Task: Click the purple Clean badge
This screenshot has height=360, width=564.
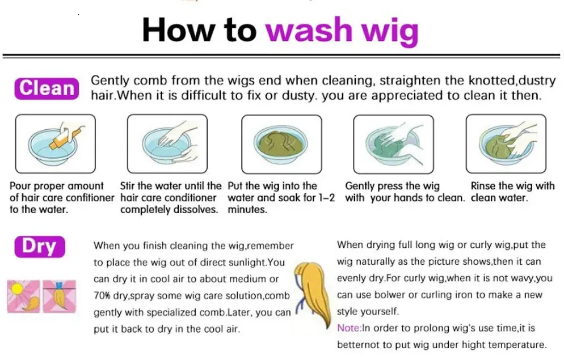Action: pyautogui.click(x=47, y=88)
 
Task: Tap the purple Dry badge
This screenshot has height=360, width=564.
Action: pyautogui.click(x=40, y=247)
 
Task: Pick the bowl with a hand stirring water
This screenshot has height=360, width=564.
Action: pyautogui.click(x=167, y=143)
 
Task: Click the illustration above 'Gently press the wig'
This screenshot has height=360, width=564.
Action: pyautogui.click(x=394, y=144)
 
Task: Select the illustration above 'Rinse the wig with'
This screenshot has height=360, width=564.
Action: pyautogui.click(x=506, y=143)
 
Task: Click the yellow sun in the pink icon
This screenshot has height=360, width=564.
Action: pyautogui.click(x=17, y=289)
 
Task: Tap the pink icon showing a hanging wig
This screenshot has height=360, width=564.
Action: pyautogui.click(x=60, y=297)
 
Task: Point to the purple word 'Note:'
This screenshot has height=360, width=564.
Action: pyautogui.click(x=349, y=328)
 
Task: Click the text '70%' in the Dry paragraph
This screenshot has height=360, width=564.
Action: pyautogui.click(x=102, y=296)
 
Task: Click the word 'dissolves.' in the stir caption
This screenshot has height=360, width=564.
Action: pyautogui.click(x=199, y=209)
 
